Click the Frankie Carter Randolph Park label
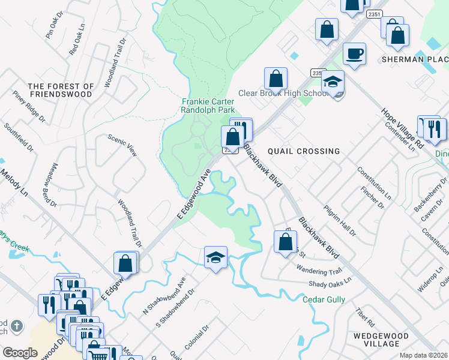tap(208, 106)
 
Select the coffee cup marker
tap(354, 54)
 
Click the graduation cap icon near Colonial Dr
tap(215, 257)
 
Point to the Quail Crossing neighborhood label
tap(303, 151)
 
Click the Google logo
tap(20, 352)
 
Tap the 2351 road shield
tap(373, 14)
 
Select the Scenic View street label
tap(122, 145)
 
